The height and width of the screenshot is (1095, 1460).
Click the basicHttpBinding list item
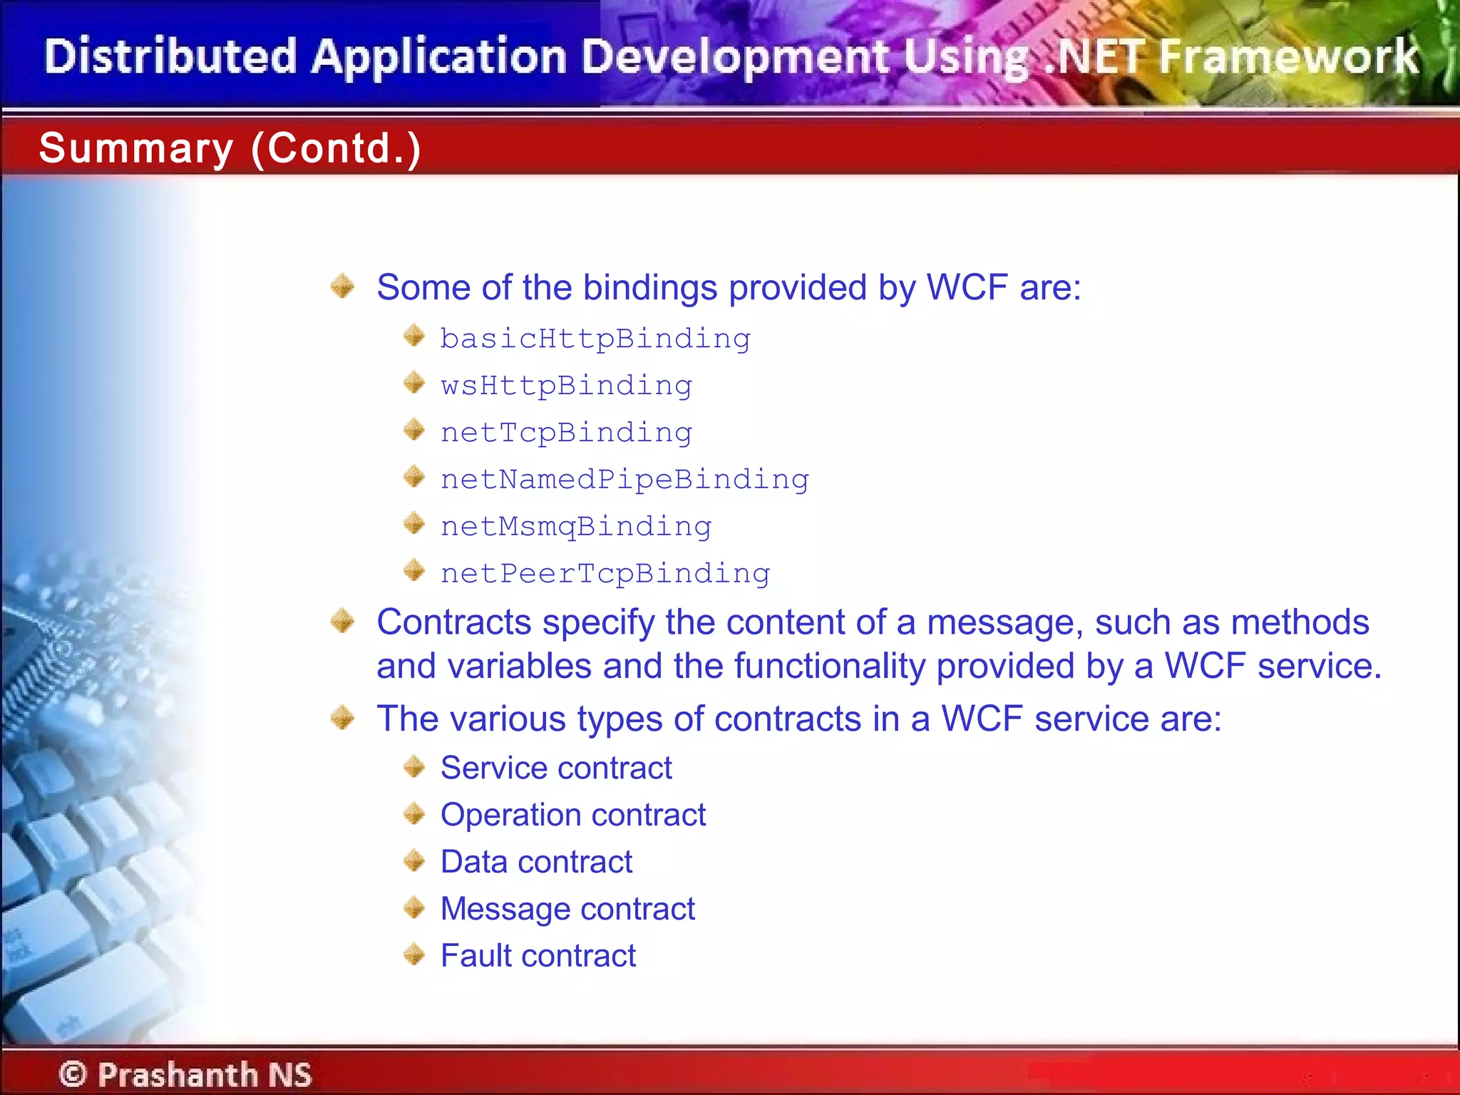[x=595, y=339]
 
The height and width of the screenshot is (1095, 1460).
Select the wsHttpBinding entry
[x=566, y=386]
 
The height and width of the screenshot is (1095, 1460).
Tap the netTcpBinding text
[x=566, y=433]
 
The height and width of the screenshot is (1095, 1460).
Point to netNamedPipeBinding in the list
[x=624, y=480]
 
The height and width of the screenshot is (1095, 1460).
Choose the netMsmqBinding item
[x=576, y=527]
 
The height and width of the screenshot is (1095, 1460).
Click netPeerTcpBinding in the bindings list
[x=605, y=574]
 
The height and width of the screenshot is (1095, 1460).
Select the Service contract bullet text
[x=556, y=768]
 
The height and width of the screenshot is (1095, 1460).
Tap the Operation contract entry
[x=573, y=815]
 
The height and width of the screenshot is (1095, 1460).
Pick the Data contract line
[x=536, y=862]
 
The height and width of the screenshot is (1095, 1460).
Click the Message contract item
[x=567, y=909]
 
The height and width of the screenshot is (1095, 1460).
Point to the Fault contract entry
[x=538, y=956]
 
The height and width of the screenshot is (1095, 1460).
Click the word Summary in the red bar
[x=136, y=148]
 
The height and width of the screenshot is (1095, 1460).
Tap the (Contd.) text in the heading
[x=336, y=148]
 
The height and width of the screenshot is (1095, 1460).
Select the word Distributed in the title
[x=170, y=56]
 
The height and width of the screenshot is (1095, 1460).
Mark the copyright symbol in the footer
[x=73, y=1074]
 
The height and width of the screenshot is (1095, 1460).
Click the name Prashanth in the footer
[x=178, y=1074]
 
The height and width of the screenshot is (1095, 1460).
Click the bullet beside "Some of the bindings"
[x=343, y=287]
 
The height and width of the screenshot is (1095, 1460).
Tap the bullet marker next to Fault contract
[x=414, y=955]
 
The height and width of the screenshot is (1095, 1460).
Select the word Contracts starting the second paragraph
[x=453, y=622]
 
